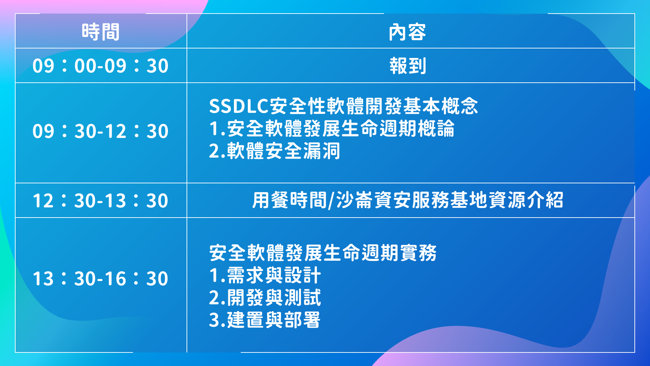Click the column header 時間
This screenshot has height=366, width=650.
pyautogui.click(x=101, y=32)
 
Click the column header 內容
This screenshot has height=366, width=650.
pyautogui.click(x=407, y=32)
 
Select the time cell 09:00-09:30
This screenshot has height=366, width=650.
pyautogui.click(x=101, y=66)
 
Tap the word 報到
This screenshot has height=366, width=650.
pyautogui.click(x=408, y=66)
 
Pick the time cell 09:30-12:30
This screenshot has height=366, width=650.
pyautogui.click(x=101, y=131)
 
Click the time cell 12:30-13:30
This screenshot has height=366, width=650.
pyautogui.click(x=101, y=201)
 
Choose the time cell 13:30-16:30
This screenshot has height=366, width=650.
pyautogui.click(x=101, y=279)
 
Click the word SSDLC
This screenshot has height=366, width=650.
pyautogui.click(x=239, y=106)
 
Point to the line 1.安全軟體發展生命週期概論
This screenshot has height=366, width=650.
pyautogui.click(x=332, y=128)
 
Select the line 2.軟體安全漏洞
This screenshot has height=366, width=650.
pyautogui.click(x=275, y=151)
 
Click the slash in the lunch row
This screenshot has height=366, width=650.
pyautogui.click(x=331, y=200)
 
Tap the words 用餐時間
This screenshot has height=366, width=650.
pyautogui.click(x=289, y=200)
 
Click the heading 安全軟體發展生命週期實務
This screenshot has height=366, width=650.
pyautogui.click(x=323, y=253)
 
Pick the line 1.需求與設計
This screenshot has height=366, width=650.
pyautogui.click(x=265, y=275)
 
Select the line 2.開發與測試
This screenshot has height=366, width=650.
pyautogui.click(x=265, y=297)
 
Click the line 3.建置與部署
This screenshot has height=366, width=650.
pyautogui.click(x=265, y=320)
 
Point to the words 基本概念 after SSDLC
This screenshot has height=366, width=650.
pyautogui.click(x=440, y=106)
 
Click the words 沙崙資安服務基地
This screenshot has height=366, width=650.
pyautogui.click(x=411, y=200)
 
